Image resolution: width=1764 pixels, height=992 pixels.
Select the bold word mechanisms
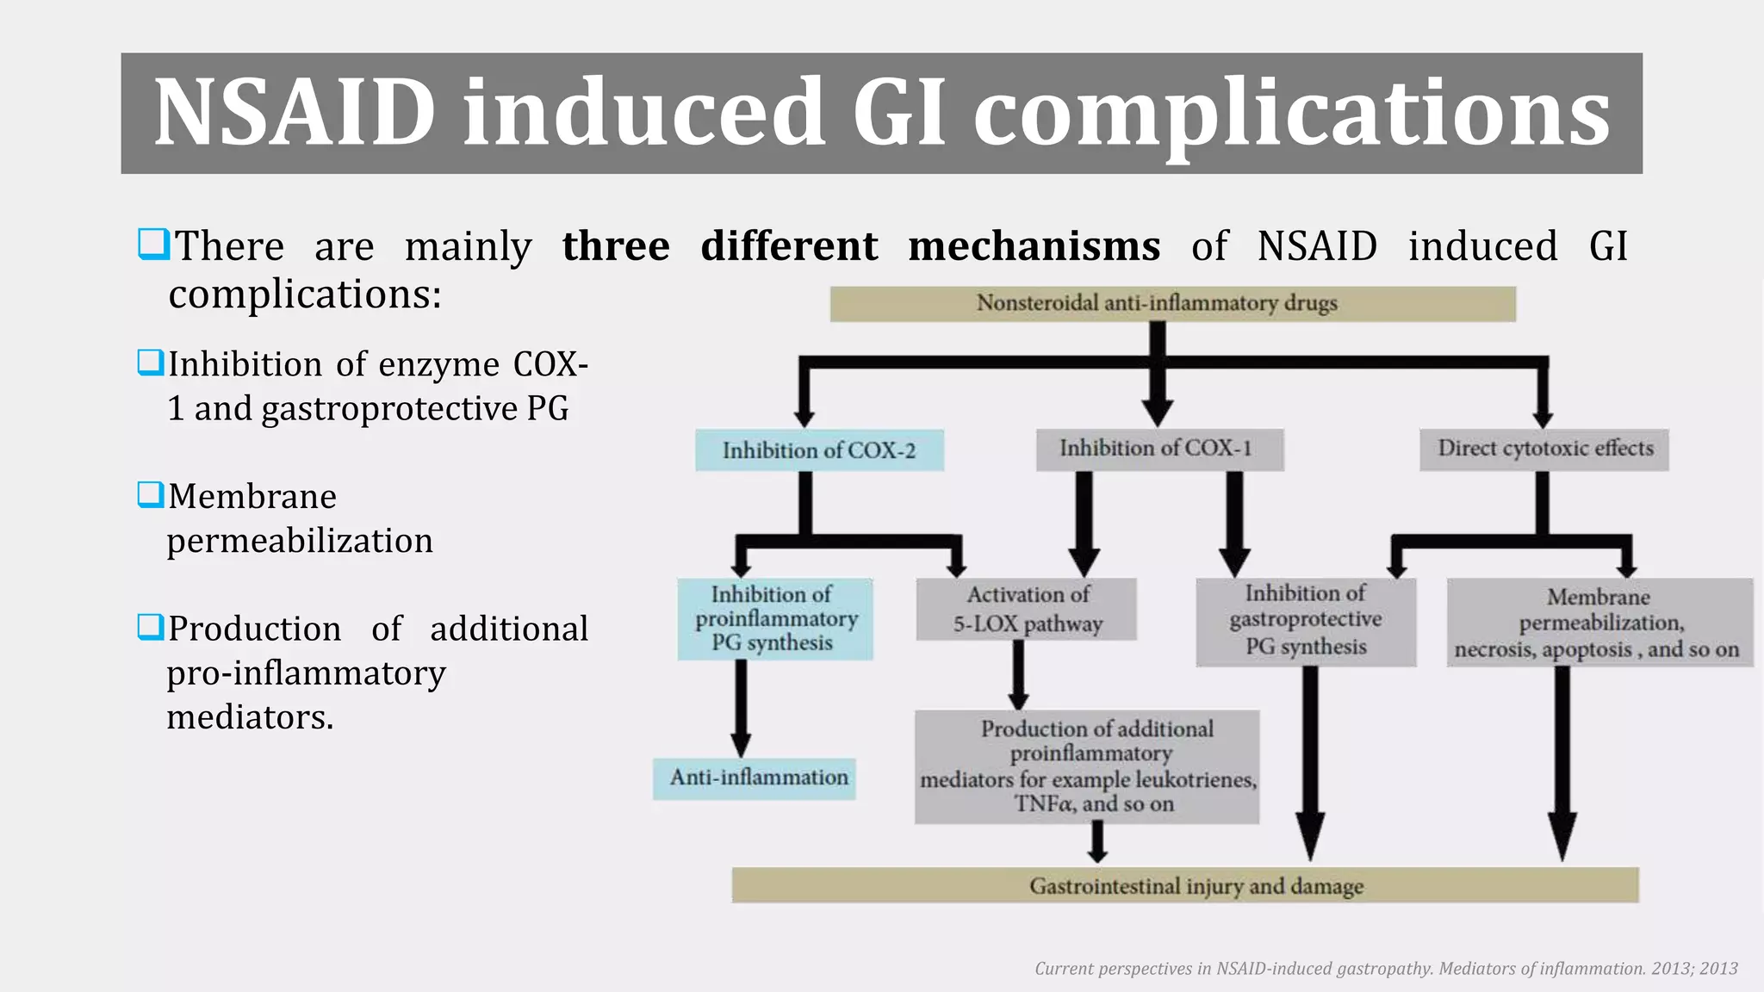pos(1034,246)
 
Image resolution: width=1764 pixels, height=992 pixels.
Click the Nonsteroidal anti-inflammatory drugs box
pos(1172,304)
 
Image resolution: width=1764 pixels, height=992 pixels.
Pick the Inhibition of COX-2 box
pos(819,450)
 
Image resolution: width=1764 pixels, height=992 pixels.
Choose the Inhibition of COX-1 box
pos(1159,449)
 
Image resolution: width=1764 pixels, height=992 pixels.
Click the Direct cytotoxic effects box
pos(1543,449)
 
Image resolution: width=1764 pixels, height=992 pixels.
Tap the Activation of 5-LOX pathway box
pos(1027,609)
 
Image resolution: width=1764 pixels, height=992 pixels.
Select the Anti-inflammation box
pos(755,778)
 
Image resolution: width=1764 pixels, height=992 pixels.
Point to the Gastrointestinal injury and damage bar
pos(1184,885)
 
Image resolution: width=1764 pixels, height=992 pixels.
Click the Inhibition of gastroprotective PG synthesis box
pos(1306,621)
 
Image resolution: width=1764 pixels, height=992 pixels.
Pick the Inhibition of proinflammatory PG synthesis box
pos(774,618)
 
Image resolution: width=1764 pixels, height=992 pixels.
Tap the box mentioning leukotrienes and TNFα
pos(1087,766)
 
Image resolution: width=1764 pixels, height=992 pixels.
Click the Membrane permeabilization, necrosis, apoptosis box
pos(1599,622)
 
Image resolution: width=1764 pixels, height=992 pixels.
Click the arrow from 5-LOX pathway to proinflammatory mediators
pos(1019,675)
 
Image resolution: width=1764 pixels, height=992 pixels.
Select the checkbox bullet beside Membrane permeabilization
pos(151,495)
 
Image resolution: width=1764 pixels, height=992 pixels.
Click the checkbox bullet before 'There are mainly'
pos(153,245)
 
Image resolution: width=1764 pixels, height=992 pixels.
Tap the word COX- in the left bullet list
pos(551,364)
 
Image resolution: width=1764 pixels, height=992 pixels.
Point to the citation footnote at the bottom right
pos(1386,969)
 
